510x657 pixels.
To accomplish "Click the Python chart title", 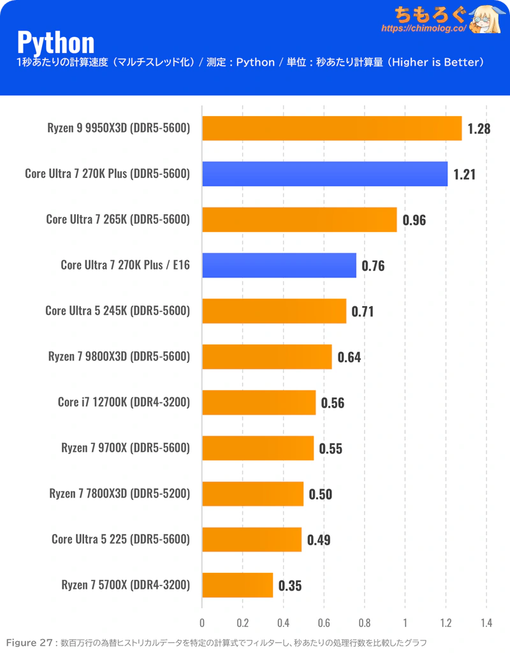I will coord(55,41).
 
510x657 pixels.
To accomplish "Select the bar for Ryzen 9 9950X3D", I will coord(331,128).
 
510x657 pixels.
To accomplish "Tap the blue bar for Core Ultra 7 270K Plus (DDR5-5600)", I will coord(324,173).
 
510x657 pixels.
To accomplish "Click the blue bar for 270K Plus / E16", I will coord(279,265).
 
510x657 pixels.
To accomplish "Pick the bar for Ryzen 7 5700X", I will coord(237,585).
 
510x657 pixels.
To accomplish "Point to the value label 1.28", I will coord(478,129).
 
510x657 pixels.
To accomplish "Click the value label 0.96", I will coord(414,220).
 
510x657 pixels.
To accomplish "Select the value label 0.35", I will coord(289,586).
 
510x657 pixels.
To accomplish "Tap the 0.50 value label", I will coord(320,494).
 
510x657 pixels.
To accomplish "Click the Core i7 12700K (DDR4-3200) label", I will coord(124,402).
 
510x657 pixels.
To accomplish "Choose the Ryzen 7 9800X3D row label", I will coord(119,357).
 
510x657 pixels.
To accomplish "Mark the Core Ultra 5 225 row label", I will coord(120,540).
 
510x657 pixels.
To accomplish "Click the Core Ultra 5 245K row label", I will coord(118,311).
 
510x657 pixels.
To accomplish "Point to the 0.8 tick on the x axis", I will coord(365,623).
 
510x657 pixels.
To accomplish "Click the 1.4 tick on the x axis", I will coord(486,623).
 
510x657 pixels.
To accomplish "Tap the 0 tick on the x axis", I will coord(202,623).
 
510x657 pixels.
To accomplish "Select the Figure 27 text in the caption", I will coord(29,642).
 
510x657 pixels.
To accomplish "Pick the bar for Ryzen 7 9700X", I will coord(258,448).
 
